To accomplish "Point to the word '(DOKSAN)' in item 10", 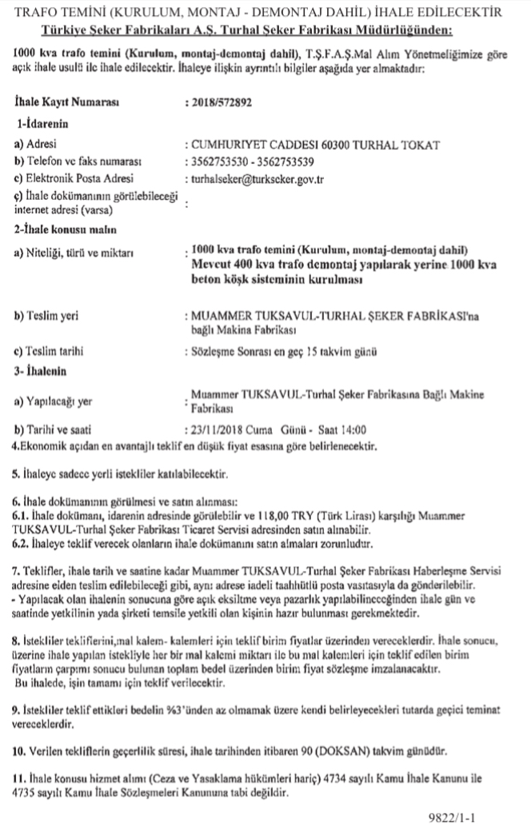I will coord(345,752).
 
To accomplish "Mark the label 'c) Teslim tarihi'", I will coord(50,351).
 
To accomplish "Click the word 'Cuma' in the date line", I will coord(273,429).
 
